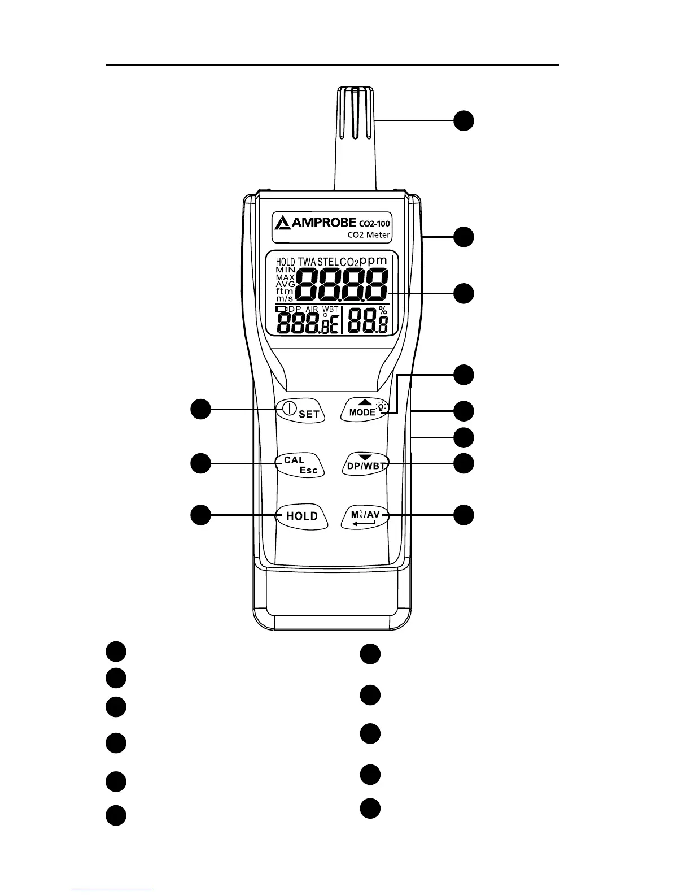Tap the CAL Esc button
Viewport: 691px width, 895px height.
click(300, 465)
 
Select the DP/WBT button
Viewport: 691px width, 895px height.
click(366, 465)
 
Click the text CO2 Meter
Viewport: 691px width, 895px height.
click(368, 234)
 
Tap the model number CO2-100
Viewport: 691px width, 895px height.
click(374, 223)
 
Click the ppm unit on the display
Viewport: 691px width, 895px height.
click(373, 260)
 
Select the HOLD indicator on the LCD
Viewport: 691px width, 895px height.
click(286, 262)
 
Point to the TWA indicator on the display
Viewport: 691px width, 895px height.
click(307, 262)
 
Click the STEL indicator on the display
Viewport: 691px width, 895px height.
click(328, 262)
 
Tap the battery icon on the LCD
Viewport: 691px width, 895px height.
click(281, 309)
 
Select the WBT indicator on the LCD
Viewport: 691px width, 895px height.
click(330, 309)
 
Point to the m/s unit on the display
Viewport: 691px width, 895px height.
click(285, 298)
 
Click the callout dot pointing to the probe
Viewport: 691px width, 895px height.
click(464, 121)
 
